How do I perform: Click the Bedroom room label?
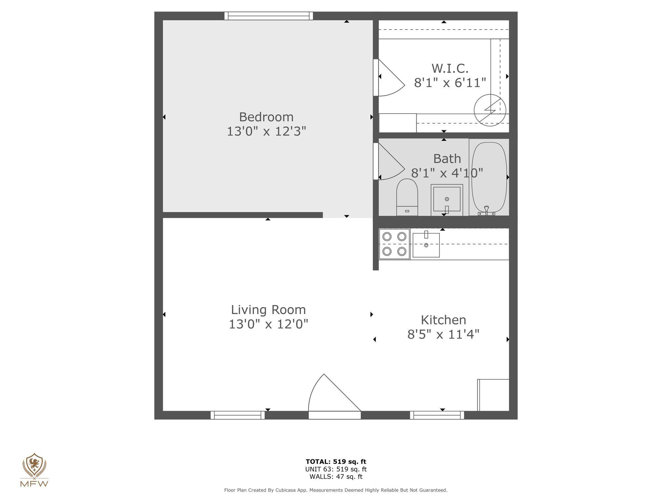pos(266,117)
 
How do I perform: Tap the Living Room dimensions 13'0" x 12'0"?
pos(268,324)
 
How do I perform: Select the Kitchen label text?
pos(443,320)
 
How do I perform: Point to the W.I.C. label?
pos(450,69)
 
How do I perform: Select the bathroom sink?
pos(447,199)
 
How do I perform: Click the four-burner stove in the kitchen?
pos(394,244)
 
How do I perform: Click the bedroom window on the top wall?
pos(269,16)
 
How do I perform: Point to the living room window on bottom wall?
pos(238,415)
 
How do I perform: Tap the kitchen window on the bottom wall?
pos(437,415)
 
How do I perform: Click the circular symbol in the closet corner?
pos(490,110)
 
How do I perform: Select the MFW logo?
pos(34,470)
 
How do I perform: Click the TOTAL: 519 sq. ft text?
pos(336,462)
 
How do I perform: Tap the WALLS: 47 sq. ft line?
pos(336,477)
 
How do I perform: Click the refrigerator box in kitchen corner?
pos(493,395)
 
